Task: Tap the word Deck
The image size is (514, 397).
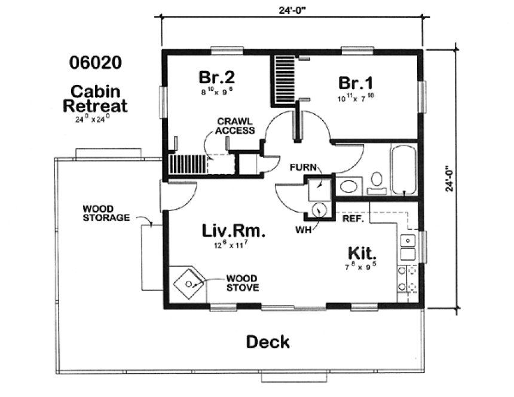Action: point(268,342)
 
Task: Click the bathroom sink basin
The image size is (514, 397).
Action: point(347,185)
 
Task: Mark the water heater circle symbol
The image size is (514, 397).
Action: point(320,209)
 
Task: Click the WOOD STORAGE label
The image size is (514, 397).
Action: point(106,213)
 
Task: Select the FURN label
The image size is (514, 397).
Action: point(302,168)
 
